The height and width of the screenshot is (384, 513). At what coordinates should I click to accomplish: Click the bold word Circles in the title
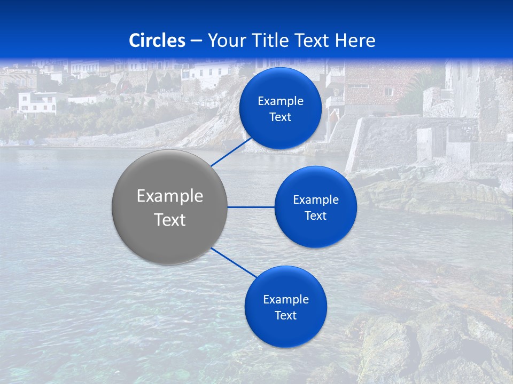point(157,41)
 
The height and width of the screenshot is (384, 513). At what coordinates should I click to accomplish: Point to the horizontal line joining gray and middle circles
point(251,207)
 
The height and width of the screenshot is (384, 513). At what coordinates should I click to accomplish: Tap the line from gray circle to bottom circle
point(234,262)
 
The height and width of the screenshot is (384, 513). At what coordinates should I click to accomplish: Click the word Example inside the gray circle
point(170,196)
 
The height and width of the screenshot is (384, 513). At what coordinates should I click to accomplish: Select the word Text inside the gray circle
point(170,220)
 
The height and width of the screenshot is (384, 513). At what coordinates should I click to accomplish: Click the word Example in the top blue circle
point(281,101)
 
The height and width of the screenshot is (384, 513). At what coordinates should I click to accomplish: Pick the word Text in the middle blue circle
point(315,216)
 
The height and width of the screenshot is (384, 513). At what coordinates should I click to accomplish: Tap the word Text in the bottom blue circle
point(285,316)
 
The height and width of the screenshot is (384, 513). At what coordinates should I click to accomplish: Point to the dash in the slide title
point(196,41)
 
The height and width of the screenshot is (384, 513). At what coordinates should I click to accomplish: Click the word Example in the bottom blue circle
point(286,300)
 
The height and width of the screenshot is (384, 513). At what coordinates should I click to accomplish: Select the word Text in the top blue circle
point(280,117)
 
